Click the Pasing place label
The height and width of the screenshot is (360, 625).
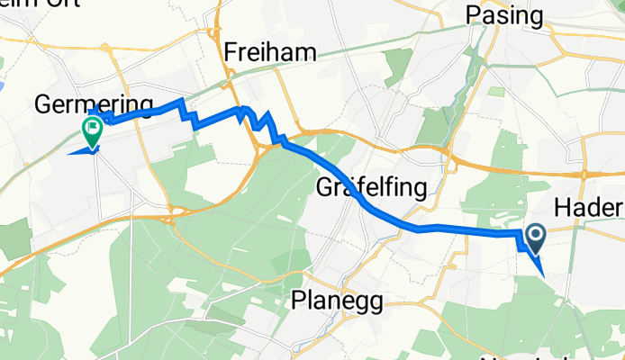(504, 15)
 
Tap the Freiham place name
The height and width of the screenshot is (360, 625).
(270, 53)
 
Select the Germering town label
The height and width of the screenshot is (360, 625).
(94, 104)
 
